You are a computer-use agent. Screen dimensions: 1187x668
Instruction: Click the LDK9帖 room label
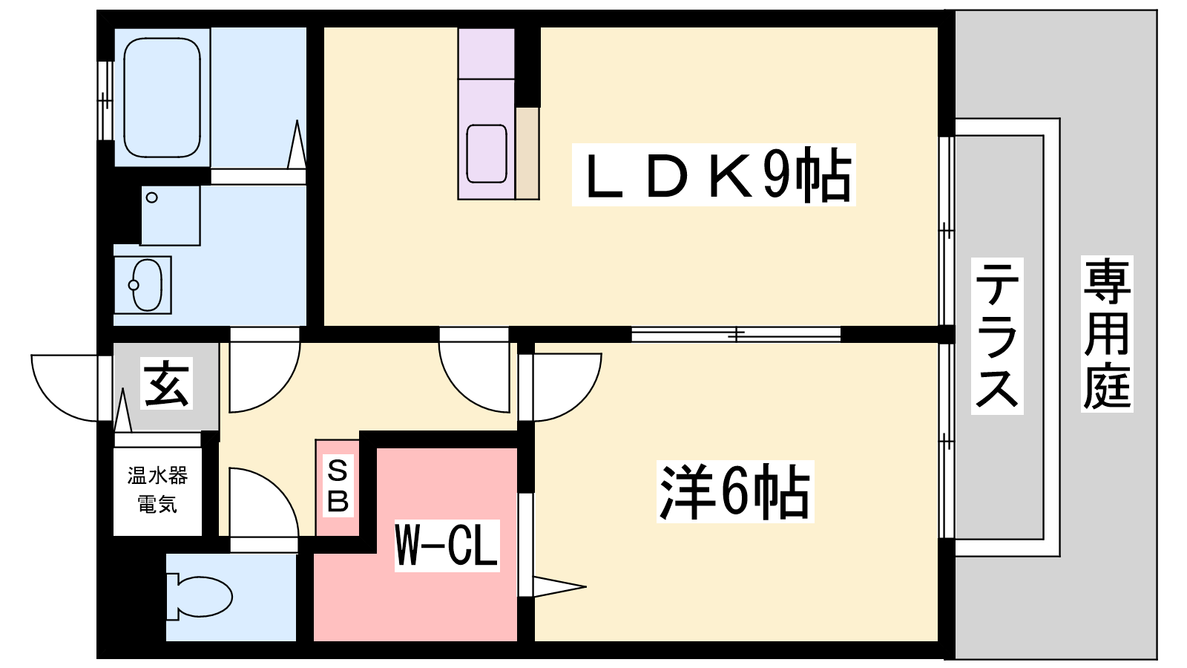(713, 174)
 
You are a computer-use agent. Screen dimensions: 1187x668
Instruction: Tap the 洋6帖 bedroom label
(735, 491)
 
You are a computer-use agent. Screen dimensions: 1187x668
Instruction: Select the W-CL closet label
(447, 545)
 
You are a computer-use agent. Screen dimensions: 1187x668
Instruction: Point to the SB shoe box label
(338, 487)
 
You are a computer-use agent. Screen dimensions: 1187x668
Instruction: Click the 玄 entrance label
(166, 383)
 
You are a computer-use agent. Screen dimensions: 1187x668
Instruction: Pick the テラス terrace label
(997, 335)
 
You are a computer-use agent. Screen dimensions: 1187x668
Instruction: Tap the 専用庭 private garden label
(1107, 334)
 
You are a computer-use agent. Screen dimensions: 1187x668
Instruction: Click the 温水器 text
(157, 476)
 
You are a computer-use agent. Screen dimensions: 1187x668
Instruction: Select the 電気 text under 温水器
(157, 504)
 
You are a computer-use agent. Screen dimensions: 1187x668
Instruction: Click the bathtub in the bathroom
(162, 97)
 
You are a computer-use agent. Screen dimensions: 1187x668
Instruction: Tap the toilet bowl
(200, 597)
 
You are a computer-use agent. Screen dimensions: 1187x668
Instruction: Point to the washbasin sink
(146, 285)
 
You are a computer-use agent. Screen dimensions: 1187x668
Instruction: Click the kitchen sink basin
(487, 154)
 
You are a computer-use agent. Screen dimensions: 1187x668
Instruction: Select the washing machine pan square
(171, 215)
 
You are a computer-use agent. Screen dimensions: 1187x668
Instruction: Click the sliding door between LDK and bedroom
(735, 334)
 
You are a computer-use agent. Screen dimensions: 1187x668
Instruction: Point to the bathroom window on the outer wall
(105, 100)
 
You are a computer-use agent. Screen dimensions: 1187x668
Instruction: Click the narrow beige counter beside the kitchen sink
(527, 153)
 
